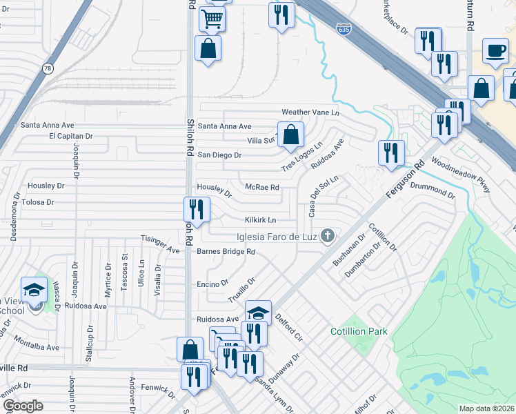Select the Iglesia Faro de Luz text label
point(276,237)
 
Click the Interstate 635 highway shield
point(343,29)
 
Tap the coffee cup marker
point(495,51)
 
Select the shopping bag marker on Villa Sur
point(291,135)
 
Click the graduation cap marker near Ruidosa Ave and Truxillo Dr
point(258,313)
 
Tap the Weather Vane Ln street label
point(310,112)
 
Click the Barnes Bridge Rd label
point(226,252)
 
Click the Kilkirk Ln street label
point(261,220)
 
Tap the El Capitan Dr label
point(70,137)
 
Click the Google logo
point(22,406)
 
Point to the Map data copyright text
point(486,408)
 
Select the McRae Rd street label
point(262,187)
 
